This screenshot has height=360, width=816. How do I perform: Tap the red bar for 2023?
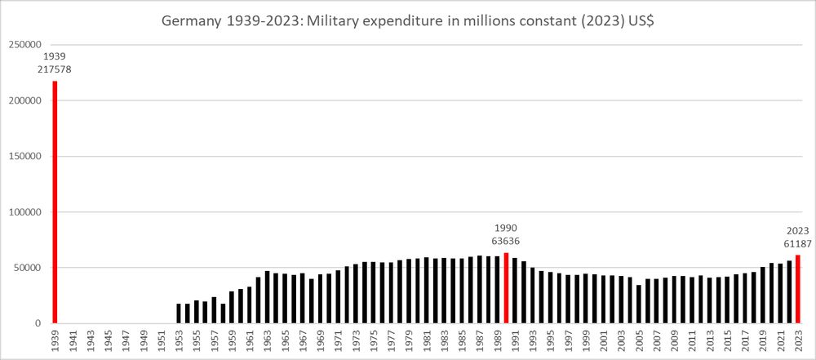pos(798,289)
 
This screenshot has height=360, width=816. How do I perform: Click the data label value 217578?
pos(55,70)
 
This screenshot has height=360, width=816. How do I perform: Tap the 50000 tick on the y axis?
pos(27,268)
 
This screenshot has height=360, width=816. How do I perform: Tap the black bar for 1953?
pos(179,313)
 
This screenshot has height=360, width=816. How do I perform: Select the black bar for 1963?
pos(267,297)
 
